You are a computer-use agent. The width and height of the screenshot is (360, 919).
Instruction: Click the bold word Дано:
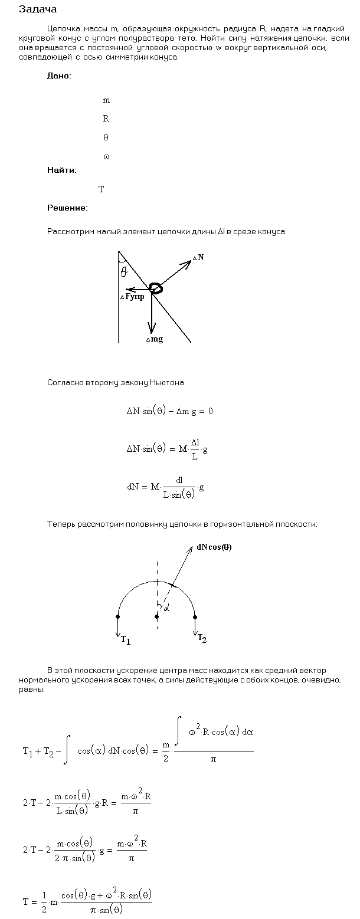pyautogui.click(x=60, y=76)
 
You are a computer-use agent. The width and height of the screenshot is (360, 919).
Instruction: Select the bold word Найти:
pyautogui.click(x=62, y=170)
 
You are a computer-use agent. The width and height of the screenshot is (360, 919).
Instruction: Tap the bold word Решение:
pyautogui.click(x=67, y=208)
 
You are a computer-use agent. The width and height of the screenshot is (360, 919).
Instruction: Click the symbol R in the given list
pyautogui.click(x=106, y=119)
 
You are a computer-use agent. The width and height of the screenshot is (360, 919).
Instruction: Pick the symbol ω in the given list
pyautogui.click(x=106, y=157)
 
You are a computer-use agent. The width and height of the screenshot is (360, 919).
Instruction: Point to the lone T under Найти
pyautogui.click(x=101, y=189)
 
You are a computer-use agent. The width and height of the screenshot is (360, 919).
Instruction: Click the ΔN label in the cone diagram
pyautogui.click(x=198, y=258)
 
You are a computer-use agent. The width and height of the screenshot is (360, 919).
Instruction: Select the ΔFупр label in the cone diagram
pyautogui.click(x=132, y=296)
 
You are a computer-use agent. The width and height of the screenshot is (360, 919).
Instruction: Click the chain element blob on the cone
pyautogui.click(x=156, y=288)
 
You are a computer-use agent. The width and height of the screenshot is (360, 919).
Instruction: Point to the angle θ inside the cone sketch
pyautogui.click(x=123, y=271)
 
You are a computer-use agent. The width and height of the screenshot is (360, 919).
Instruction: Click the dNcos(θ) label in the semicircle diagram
pyautogui.click(x=214, y=547)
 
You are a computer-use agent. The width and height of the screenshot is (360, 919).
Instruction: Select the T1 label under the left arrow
pyautogui.click(x=125, y=639)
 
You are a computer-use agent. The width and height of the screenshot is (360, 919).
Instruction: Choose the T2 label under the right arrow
pyautogui.click(x=202, y=638)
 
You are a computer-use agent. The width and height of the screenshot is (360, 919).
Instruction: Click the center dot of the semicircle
pyautogui.click(x=156, y=616)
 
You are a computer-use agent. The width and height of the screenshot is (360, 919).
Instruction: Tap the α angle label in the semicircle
pyautogui.click(x=166, y=608)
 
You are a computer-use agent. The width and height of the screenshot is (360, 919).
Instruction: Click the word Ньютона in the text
pyautogui.click(x=168, y=383)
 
